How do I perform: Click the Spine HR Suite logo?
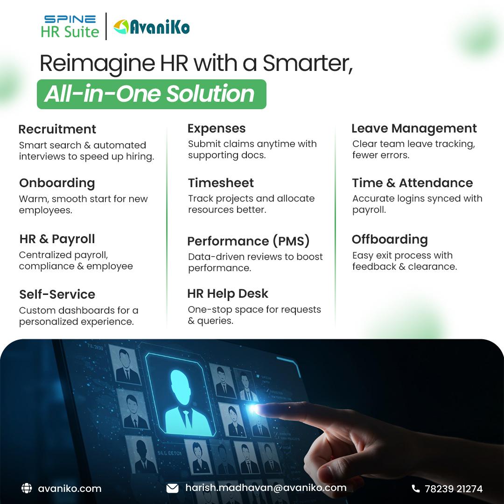point(70,26)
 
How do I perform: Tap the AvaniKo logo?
point(151,27)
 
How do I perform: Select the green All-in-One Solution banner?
point(151,94)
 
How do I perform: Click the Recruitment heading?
point(57,129)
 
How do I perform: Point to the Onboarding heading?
point(57,183)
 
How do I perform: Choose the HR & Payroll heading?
point(57,239)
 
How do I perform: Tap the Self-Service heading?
point(57,294)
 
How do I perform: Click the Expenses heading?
point(217,128)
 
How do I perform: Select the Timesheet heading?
point(221,183)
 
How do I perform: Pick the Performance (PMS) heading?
point(248,241)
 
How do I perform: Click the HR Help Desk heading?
point(228,294)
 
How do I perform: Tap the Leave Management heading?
point(414,128)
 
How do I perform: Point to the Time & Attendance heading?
point(412,183)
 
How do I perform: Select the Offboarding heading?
point(390,239)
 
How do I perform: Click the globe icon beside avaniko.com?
point(27,489)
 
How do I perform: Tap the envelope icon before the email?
point(172,489)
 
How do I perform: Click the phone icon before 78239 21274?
point(415,489)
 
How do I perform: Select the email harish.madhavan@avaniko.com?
point(266,488)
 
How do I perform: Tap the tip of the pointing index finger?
point(256,409)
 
